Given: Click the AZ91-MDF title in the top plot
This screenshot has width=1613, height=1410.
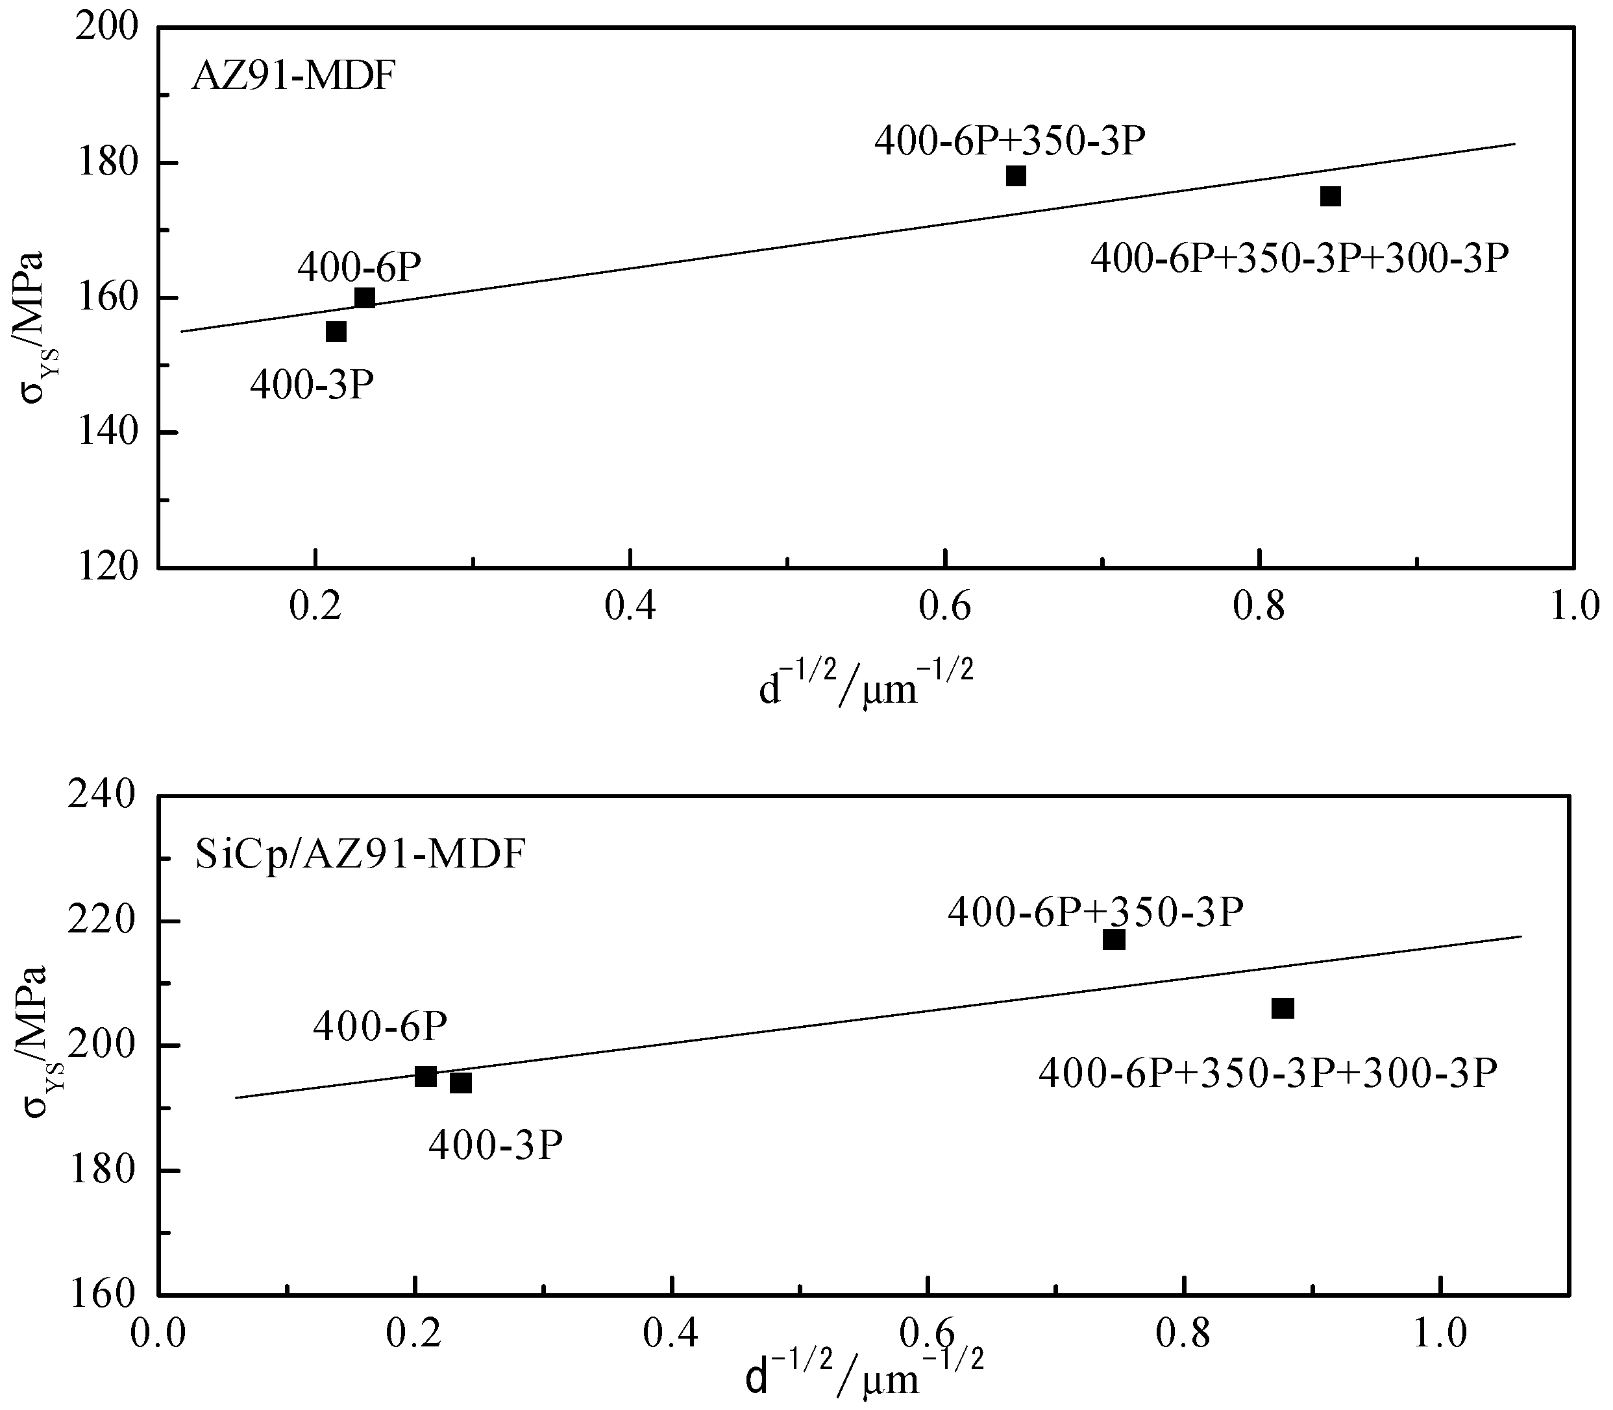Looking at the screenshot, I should [x=292, y=77].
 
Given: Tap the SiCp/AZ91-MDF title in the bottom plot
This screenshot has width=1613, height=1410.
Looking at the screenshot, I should [x=359, y=855].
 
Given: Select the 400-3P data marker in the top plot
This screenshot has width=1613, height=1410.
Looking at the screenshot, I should [x=336, y=332].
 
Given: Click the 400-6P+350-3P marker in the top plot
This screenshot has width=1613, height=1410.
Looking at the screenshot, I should [x=1016, y=175].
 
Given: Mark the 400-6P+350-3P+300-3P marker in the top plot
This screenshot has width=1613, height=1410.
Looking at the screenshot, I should [x=1331, y=196].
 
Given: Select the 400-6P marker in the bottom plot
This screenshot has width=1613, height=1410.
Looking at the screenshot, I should [x=426, y=1076].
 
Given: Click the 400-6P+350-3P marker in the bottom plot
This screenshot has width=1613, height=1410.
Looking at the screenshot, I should [x=1114, y=940].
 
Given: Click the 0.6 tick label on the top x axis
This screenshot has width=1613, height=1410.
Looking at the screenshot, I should [x=944, y=607].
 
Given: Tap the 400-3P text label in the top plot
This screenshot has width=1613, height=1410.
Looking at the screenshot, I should [x=312, y=386].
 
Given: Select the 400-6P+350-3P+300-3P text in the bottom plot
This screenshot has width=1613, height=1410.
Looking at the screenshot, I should [x=1268, y=1073].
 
